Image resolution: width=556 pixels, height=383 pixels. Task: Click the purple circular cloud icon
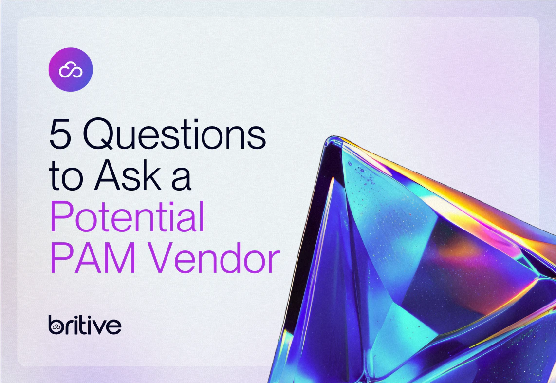coord(71,70)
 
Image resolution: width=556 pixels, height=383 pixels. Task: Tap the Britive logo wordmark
coord(85,325)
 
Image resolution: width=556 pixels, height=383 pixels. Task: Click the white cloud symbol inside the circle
coord(71,70)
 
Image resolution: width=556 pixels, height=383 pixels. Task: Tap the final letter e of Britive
coord(115,326)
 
